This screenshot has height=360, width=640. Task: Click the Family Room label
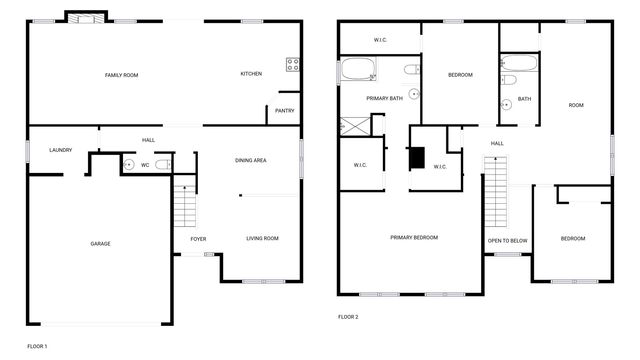point(122,75)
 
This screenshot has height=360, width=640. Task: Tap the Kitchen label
point(251,75)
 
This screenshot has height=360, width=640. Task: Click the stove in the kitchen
point(294,66)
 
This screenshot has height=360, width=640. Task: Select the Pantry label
point(284,112)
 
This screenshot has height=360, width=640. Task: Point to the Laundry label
point(61,150)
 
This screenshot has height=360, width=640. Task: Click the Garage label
point(100,244)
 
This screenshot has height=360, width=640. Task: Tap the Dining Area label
point(250,160)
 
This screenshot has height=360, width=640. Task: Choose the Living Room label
point(262,238)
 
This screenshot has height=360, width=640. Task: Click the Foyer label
point(198,238)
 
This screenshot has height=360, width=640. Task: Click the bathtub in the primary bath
point(358,71)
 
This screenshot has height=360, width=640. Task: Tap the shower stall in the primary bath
point(354,125)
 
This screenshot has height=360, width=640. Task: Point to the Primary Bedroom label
point(414,237)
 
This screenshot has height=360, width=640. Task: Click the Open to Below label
point(508,241)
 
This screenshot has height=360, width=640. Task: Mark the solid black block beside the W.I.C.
point(416,158)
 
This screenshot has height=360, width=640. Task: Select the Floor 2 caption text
point(348,317)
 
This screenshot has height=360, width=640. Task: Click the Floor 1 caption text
point(37,346)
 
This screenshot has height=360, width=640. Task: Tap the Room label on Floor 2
point(576,105)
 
